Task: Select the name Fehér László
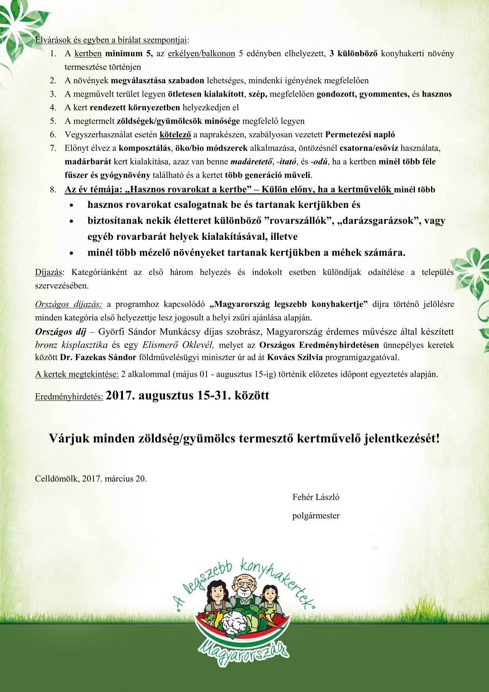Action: [x=315, y=497]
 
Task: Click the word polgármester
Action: [x=315, y=516]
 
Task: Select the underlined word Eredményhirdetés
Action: [x=69, y=397]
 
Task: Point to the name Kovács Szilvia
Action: [x=295, y=357]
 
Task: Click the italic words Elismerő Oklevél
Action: [x=178, y=345]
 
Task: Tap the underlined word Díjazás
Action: [x=49, y=272]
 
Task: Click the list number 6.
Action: [x=53, y=135]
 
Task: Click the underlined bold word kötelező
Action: [x=175, y=135]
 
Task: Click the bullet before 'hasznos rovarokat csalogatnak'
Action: [x=71, y=206]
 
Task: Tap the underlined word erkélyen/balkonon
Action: [x=201, y=53]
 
